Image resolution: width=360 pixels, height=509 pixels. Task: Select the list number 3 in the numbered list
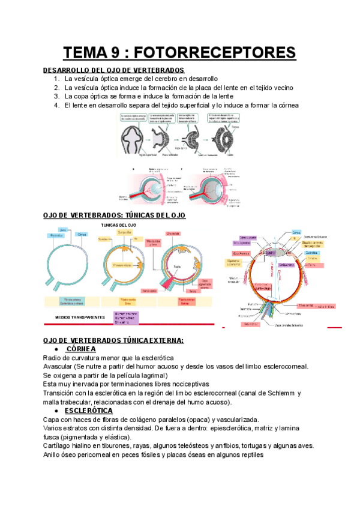point(56,96)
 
